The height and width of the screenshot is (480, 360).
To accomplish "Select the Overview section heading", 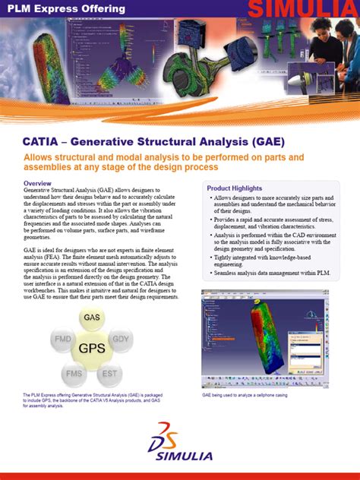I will coord(37,184).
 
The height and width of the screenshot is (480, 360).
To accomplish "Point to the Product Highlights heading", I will coord(235,188).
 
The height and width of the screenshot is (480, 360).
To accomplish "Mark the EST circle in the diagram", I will coord(111,373).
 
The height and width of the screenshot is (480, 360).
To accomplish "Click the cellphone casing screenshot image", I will coord(276,337).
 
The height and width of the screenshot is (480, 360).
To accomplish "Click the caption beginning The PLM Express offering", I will coord(91,401).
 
